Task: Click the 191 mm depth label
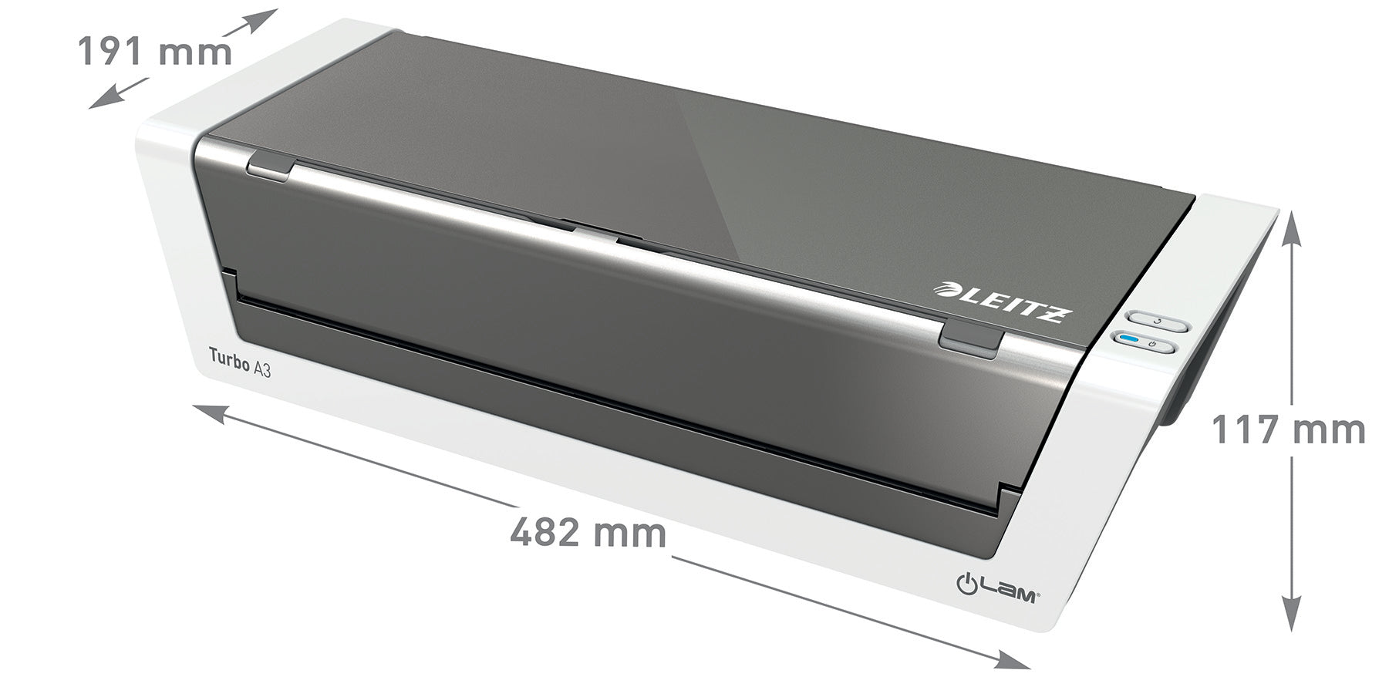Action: (x=154, y=52)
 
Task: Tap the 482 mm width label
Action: (x=588, y=532)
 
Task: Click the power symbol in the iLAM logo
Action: (x=967, y=587)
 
